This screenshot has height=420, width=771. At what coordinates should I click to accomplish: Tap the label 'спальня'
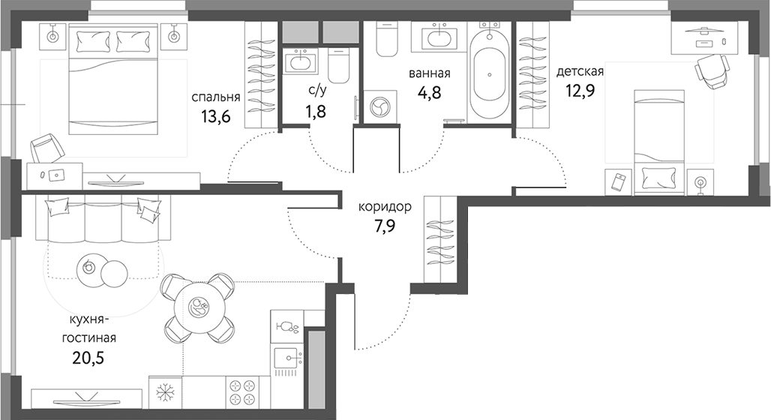tap(215, 97)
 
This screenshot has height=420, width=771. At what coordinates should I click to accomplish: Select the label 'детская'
tap(580, 72)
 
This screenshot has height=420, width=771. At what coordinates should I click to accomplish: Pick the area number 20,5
tap(88, 358)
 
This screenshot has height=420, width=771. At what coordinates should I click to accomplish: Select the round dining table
tap(199, 307)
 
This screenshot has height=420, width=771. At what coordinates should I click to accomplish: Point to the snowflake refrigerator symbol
tap(164, 392)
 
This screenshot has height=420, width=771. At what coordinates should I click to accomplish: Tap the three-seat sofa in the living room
tap(103, 220)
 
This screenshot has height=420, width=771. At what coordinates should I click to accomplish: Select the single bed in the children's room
tap(659, 142)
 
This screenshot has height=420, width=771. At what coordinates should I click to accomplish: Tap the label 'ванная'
tap(429, 73)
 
